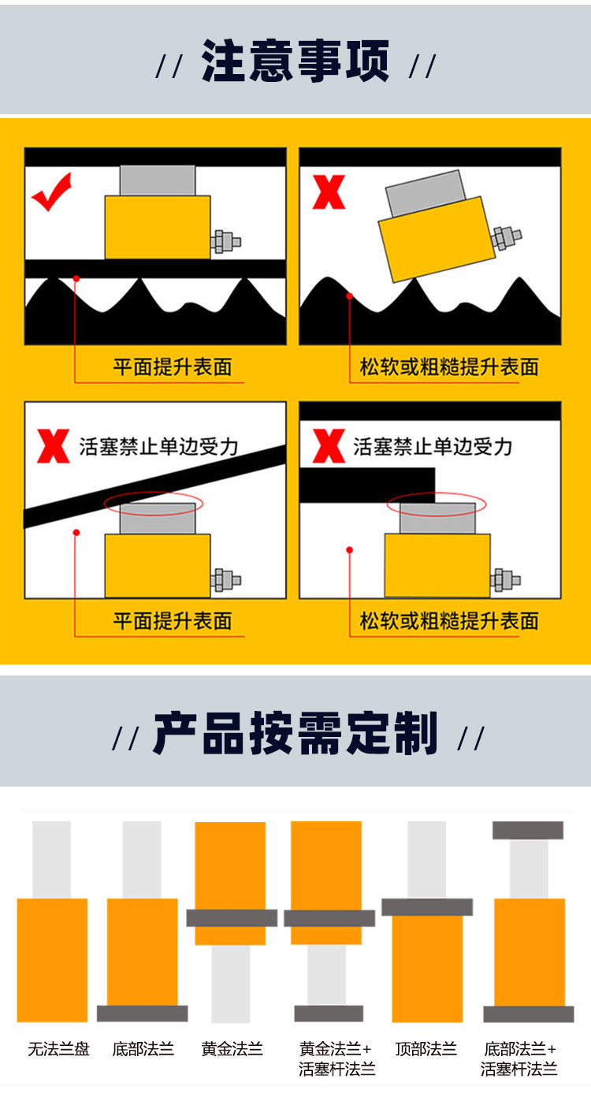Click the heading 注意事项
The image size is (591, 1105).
click(x=295, y=61)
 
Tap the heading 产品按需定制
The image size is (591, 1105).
click(x=295, y=734)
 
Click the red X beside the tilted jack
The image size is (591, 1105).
click(x=329, y=192)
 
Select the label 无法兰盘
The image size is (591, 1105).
click(x=58, y=1049)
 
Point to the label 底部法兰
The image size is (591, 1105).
click(x=143, y=1049)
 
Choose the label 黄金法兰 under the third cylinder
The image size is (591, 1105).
click(x=232, y=1049)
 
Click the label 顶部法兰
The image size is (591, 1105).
click(x=426, y=1049)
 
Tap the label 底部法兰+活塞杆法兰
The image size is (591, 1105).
click(x=519, y=1058)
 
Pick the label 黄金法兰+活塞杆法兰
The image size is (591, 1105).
click(x=336, y=1058)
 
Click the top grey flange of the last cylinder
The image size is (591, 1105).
click(x=528, y=830)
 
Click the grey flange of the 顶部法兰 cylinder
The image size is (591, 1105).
click(x=427, y=906)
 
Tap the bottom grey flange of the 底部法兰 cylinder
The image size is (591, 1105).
click(x=142, y=1014)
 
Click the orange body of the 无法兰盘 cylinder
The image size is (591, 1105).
click(x=52, y=960)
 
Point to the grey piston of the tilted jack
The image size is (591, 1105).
click(x=426, y=191)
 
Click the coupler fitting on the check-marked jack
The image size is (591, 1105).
click(x=226, y=242)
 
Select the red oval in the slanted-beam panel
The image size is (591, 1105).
click(x=154, y=503)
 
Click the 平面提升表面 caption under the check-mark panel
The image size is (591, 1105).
click(x=173, y=367)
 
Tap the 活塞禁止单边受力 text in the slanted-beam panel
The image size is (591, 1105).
click(x=159, y=446)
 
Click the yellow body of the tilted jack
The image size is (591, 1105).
click(x=437, y=239)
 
